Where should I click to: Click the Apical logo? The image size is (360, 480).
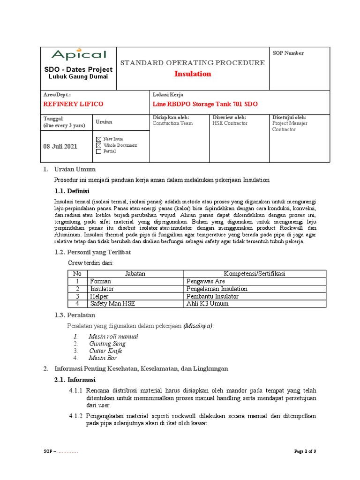tap(79, 55)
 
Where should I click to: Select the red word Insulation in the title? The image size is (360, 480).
tap(193, 74)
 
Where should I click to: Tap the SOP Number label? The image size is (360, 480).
tap(288, 53)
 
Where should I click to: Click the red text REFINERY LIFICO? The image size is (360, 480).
tap(73, 104)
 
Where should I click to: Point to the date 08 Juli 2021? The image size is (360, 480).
tap(60, 146)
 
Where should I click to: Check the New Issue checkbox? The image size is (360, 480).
tap(98, 140)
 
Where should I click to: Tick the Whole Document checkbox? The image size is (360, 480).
tap(98, 145)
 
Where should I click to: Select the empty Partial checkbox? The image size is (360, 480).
tap(98, 151)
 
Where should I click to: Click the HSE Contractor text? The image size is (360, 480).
tap(230, 123)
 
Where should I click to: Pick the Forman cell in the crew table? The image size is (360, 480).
tap(101, 281)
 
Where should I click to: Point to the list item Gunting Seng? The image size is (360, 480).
tap(107, 344)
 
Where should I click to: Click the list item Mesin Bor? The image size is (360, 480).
tap(103, 358)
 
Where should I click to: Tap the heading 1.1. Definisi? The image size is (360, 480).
tap(72, 191)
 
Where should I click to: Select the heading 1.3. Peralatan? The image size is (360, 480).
tap(75, 315)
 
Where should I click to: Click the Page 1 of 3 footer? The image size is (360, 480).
tap(305, 451)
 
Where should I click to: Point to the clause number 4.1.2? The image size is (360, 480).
tap(75, 416)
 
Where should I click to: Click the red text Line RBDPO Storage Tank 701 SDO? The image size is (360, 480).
tap(205, 104)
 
